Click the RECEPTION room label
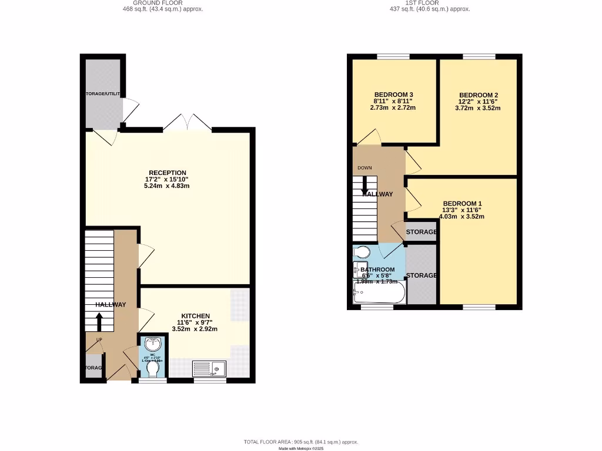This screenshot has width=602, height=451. [x=166, y=173]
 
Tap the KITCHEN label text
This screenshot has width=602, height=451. [x=196, y=316]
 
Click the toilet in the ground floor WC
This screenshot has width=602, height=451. [x=153, y=369]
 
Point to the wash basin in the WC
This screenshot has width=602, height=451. [x=153, y=344]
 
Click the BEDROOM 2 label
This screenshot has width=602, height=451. [x=479, y=95]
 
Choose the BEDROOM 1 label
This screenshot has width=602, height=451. [x=461, y=203]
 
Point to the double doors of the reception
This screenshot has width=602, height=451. [x=188, y=123]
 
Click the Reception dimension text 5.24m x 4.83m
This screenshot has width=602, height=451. [x=166, y=186]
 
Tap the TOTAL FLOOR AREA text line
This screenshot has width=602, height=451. [x=301, y=442]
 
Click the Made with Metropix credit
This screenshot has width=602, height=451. [x=301, y=448]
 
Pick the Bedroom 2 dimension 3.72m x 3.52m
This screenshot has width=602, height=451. [x=479, y=108]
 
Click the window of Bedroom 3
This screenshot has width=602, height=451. [x=393, y=56]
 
